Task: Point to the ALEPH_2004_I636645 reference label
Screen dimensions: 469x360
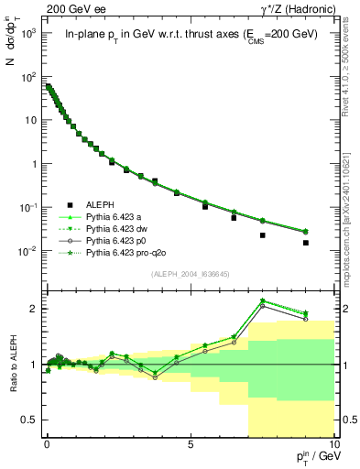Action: coord(189,272)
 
